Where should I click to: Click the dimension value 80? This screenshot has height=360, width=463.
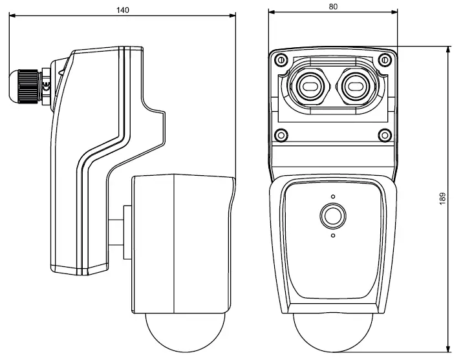click(332, 6)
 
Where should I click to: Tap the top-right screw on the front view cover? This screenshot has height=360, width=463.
click(385, 60)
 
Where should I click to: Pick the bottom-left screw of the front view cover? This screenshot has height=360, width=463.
click(281, 135)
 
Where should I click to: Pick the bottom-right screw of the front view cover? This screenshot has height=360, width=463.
click(385, 135)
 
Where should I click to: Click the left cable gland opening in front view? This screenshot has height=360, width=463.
click(308, 84)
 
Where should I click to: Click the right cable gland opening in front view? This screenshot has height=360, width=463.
click(356, 84)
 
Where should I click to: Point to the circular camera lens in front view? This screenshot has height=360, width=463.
click(333, 217)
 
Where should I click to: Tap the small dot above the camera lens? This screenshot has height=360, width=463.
click(333, 197)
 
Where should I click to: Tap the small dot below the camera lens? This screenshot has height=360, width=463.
click(333, 236)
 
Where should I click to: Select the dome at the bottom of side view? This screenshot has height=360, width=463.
click(182, 333)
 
